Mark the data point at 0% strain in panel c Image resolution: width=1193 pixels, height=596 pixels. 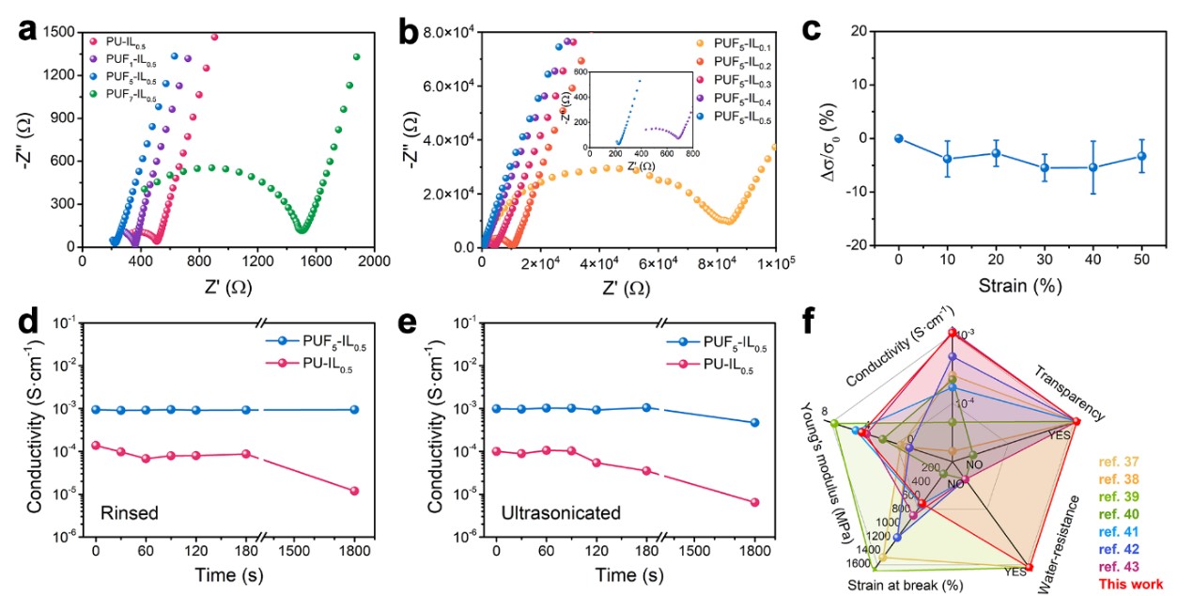(899, 138)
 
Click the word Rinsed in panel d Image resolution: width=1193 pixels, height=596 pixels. (129, 513)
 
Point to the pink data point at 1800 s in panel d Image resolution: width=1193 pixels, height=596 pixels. (354, 491)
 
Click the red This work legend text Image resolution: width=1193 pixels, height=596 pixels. (1131, 584)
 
